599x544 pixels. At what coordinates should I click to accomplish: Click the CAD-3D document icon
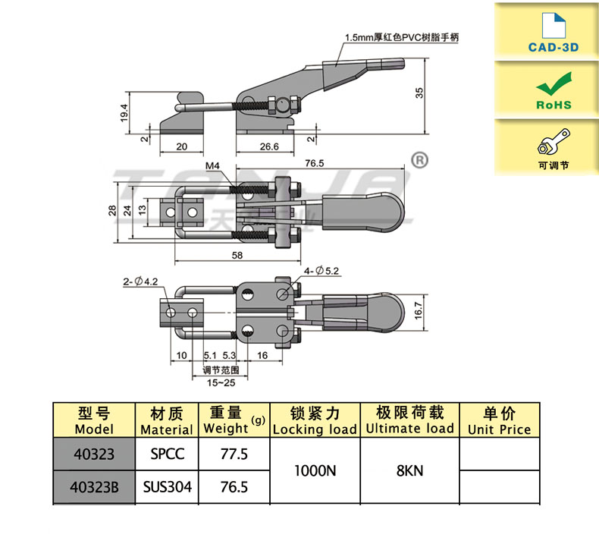coord(554,25)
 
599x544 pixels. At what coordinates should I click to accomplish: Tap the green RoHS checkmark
coord(554,83)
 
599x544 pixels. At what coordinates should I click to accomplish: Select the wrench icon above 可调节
coord(554,141)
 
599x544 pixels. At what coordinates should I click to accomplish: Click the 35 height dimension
coord(419,93)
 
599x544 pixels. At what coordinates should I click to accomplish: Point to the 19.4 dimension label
coord(124,113)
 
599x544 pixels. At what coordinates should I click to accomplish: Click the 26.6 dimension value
coord(269,146)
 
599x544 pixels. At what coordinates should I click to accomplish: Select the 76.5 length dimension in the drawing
coord(315,163)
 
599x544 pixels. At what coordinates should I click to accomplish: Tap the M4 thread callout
coord(212,165)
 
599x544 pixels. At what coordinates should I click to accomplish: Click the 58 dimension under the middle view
coord(237,255)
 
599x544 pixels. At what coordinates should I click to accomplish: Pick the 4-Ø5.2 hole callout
coord(321,271)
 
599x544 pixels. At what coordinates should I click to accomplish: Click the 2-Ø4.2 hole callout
coord(140,281)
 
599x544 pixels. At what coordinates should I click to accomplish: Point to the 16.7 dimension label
coord(419,310)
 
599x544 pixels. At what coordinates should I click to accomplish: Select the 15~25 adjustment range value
coord(221,382)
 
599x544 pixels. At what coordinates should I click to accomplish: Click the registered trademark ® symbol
coord(419,160)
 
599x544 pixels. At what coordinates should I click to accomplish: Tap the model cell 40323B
coord(94,487)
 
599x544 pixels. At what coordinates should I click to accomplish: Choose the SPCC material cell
coord(167,454)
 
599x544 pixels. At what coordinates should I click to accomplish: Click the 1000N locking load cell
coord(315,470)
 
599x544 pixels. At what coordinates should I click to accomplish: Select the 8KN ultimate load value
coord(410,470)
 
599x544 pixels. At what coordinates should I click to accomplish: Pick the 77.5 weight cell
coord(234,454)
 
